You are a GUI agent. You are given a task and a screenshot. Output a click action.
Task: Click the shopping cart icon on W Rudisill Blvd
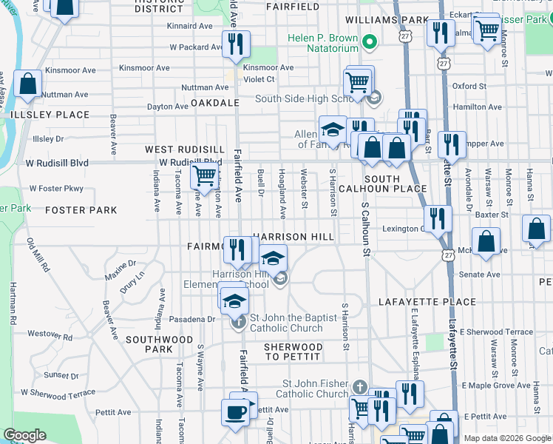204,177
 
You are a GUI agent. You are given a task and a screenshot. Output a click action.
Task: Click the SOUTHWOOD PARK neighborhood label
149,344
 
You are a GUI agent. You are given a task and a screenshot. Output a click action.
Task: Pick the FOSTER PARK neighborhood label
81,210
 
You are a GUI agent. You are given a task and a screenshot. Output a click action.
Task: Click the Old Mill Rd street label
36,254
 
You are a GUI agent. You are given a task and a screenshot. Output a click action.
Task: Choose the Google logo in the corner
24,435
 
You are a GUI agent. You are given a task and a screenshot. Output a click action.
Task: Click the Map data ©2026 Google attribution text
506,438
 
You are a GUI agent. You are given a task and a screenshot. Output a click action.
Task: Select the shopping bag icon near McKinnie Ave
486,241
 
